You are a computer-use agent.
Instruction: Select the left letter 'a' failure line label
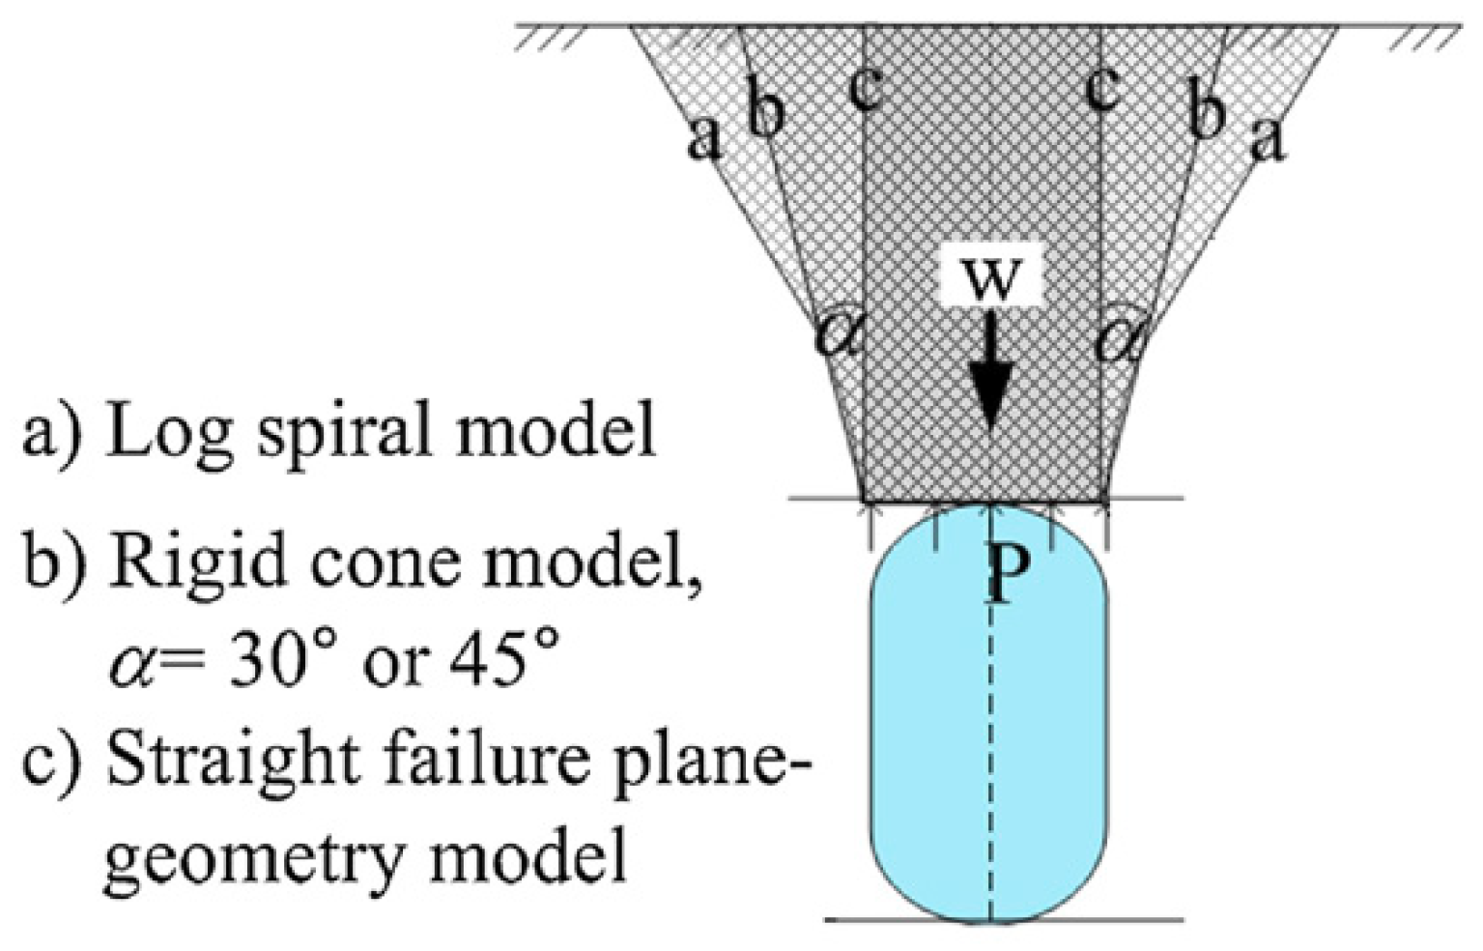point(704,138)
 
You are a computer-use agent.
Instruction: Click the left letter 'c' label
point(866,89)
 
